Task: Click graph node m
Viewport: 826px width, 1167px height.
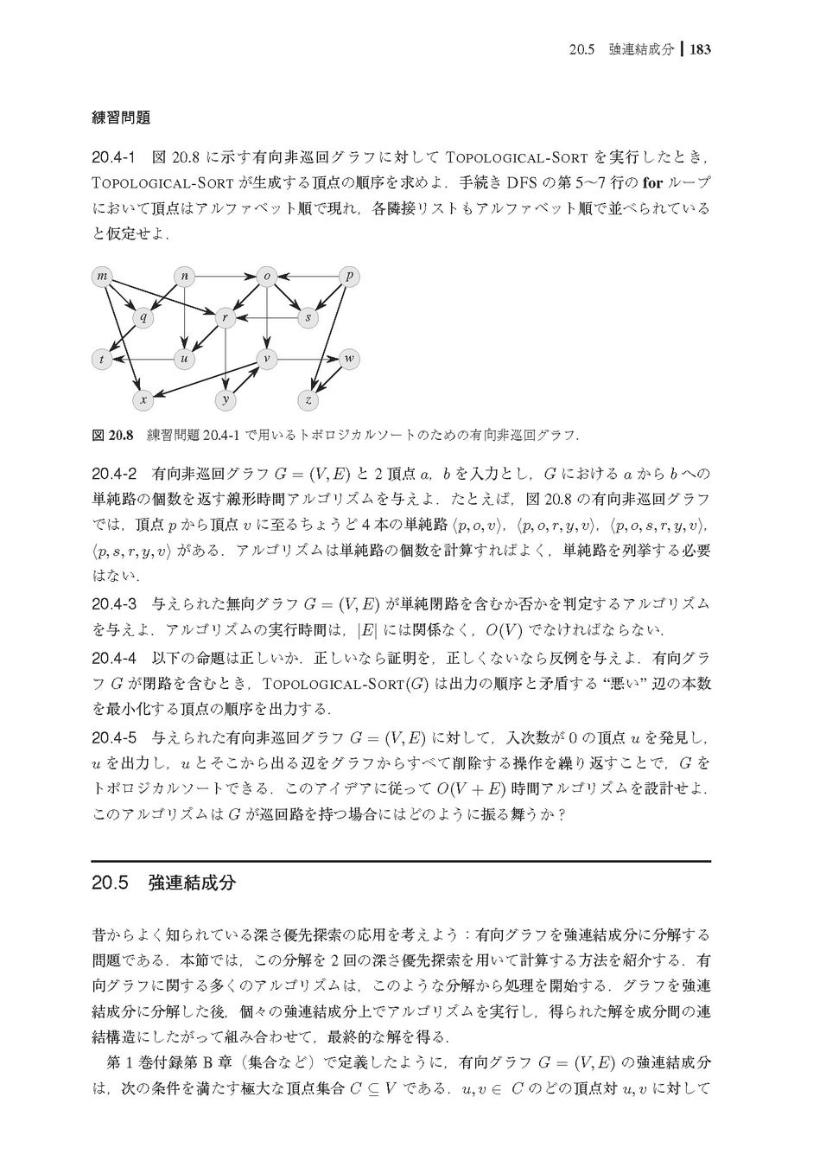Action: tap(104, 276)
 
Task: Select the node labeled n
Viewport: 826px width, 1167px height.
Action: tap(184, 276)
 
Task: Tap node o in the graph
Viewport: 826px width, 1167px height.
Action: tap(267, 276)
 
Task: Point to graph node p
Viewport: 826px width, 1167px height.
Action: tap(350, 276)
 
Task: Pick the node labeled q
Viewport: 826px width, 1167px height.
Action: tap(143, 317)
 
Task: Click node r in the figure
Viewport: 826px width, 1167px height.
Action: tap(226, 317)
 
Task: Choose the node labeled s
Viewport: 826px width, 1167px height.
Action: tap(308, 317)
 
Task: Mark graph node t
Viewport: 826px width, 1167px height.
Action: tap(104, 359)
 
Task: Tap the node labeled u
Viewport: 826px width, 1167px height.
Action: tap(184, 359)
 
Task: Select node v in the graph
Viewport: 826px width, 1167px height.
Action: tap(267, 359)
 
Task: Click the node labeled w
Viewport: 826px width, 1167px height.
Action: tap(350, 359)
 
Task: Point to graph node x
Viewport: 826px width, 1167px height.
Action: tap(143, 399)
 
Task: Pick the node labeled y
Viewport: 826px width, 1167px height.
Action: tap(226, 399)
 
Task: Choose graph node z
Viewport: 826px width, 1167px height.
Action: tap(308, 399)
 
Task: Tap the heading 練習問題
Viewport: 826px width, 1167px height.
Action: tap(121, 117)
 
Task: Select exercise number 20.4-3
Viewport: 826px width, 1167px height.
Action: tap(114, 603)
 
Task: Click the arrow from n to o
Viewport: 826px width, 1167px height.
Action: tap(226, 276)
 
